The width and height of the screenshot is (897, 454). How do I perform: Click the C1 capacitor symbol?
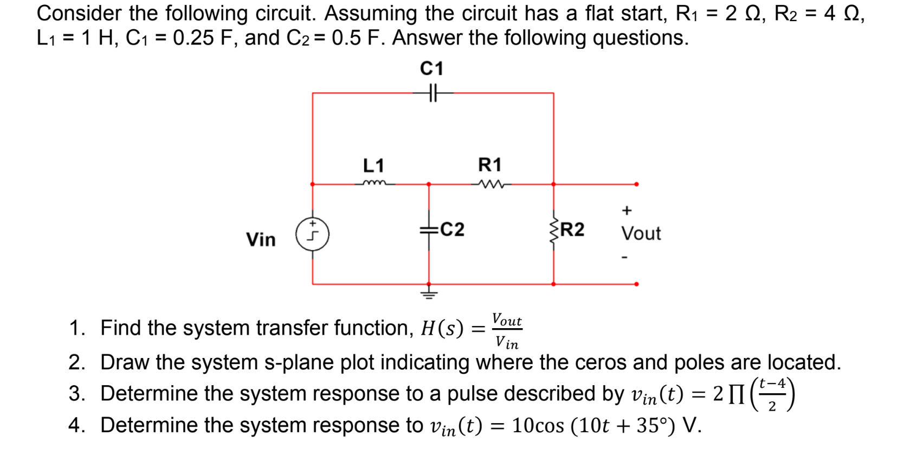click(432, 93)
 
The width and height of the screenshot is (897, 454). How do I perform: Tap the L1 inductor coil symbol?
click(375, 183)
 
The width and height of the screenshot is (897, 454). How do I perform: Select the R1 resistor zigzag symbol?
click(491, 184)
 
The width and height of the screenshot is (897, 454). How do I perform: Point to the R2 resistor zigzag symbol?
click(553, 232)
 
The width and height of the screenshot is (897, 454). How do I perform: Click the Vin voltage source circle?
click(312, 235)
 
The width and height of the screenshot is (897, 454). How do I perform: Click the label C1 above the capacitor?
click(431, 69)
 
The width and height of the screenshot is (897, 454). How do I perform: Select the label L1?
click(373, 165)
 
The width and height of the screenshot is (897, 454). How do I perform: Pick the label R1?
click(489, 164)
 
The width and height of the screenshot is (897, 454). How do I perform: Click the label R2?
click(572, 230)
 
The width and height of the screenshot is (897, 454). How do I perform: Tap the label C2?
click(452, 230)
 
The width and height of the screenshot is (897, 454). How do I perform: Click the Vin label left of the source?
click(261, 239)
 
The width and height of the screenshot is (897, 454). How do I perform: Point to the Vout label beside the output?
click(641, 234)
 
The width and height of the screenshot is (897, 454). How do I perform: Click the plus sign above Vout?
click(627, 210)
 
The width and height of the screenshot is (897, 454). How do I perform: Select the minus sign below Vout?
click(624, 257)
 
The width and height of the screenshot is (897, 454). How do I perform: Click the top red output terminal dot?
click(636, 184)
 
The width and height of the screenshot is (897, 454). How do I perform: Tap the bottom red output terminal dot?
click(636, 284)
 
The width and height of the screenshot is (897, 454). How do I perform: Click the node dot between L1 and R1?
click(429, 184)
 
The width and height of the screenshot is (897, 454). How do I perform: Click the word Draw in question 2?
click(124, 362)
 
